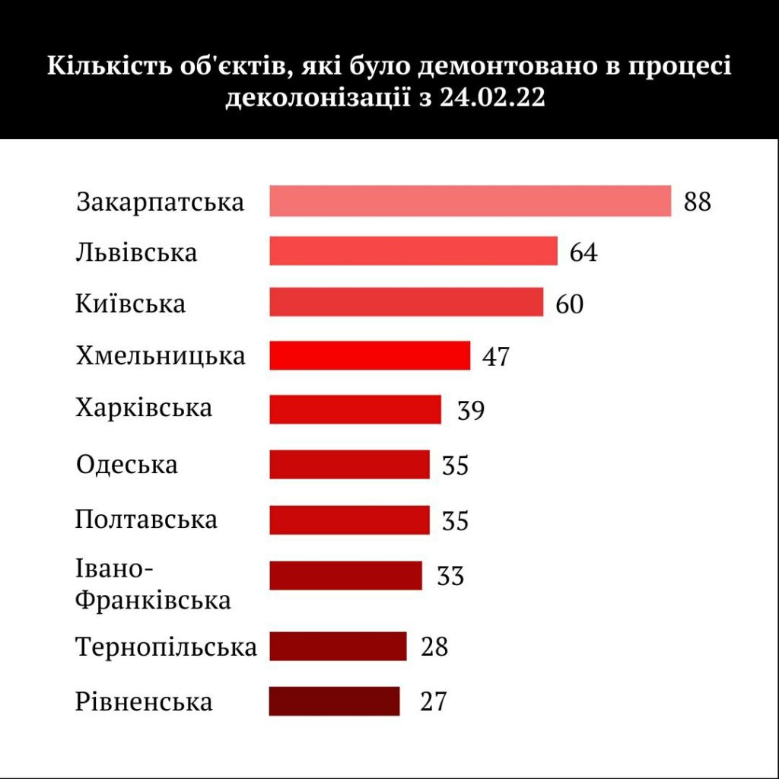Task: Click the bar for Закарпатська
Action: click(470, 201)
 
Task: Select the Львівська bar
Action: click(413, 251)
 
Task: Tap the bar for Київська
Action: click(406, 302)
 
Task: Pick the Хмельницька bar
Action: click(370, 355)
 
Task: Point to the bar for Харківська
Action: click(355, 409)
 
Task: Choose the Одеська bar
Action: click(349, 464)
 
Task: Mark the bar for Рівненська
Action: click(334, 701)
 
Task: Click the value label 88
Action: click(697, 202)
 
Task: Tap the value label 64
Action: click(583, 252)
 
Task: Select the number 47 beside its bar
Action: click(495, 356)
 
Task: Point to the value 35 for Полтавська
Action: click(455, 521)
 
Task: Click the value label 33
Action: click(450, 576)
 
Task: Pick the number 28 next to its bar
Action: click(434, 647)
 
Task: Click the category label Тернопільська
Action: click(166, 647)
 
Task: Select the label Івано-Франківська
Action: click(153, 585)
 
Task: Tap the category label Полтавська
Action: click(146, 520)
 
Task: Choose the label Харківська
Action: click(144, 409)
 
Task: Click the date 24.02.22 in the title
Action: click(492, 98)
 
